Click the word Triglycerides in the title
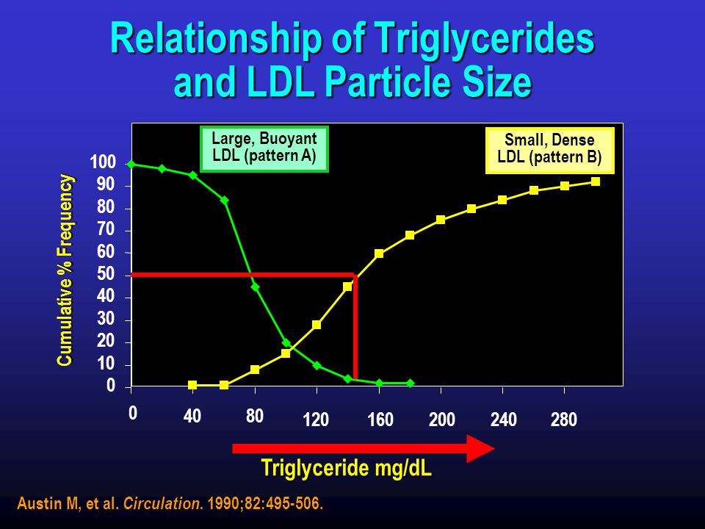pos(484,40)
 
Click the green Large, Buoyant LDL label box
pos(264,149)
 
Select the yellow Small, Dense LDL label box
pos(549,151)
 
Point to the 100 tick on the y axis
pos(103,162)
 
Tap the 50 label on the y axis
pos(106,274)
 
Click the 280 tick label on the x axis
pos(564,420)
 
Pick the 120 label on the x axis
pos(316,420)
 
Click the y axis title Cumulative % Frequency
pos(65,270)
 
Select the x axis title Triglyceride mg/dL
pos(347,468)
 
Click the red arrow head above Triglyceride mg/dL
pos(480,448)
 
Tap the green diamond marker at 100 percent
pos(131,164)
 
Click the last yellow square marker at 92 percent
pos(596,181)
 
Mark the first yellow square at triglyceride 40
pos(192,385)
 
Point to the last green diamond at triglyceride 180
pos(410,384)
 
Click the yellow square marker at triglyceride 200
pos(441,220)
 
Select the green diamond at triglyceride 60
pos(225,200)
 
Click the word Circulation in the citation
pos(164,503)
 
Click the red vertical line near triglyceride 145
pos(355,327)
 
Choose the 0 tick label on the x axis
pos(133,414)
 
